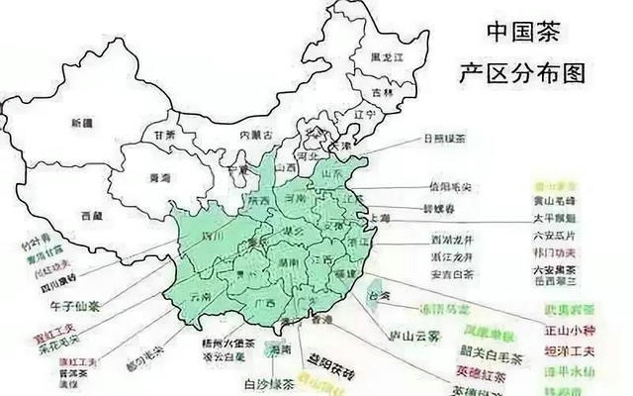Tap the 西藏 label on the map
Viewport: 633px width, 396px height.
click(x=92, y=215)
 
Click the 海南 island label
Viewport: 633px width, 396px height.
click(x=280, y=347)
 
